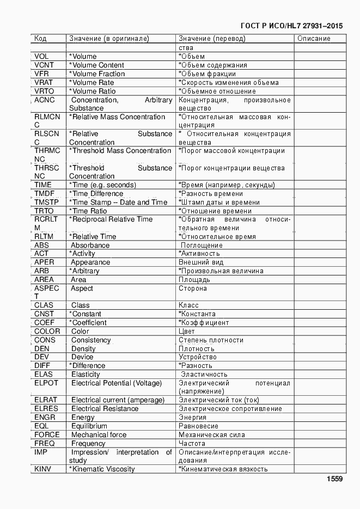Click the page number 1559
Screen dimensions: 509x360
click(x=334, y=479)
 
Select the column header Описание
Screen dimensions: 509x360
click(x=314, y=39)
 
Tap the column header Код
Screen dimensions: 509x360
click(x=40, y=39)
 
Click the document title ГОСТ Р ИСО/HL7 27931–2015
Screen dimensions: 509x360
click(x=291, y=26)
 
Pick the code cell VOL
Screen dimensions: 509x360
click(x=42, y=56)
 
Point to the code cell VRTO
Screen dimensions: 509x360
click(x=44, y=91)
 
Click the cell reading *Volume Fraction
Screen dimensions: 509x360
click(x=97, y=73)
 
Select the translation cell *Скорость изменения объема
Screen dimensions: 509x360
click(x=229, y=83)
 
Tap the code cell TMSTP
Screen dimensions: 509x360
click(x=46, y=202)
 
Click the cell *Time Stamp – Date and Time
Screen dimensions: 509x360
click(x=118, y=202)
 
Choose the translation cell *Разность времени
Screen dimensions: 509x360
click(x=211, y=194)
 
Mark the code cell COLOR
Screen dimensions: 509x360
click(x=47, y=331)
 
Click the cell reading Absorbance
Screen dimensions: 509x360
click(x=90, y=245)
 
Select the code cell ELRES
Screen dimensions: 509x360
click(x=46, y=408)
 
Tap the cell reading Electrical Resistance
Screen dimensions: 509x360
click(x=105, y=408)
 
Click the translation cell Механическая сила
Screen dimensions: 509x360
click(x=212, y=435)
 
